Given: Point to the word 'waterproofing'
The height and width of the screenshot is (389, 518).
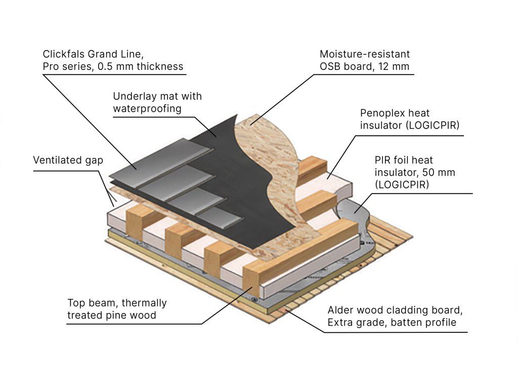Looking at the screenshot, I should coord(147,108).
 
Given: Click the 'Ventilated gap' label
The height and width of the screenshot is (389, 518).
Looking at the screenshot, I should coord(68,161).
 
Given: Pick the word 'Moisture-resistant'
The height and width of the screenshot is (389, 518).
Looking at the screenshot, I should coord(365,54).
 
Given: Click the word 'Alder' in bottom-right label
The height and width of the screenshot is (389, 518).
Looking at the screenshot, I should coord(341,310).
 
